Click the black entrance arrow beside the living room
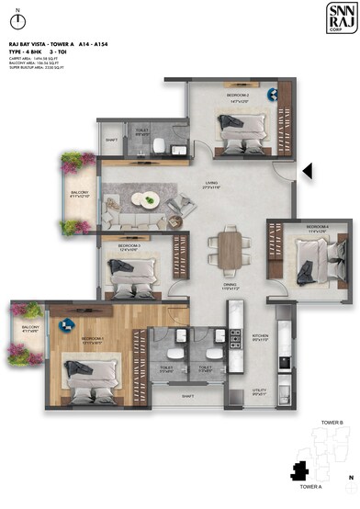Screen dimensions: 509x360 [x=309, y=170]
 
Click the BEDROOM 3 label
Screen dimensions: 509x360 [x=129, y=246]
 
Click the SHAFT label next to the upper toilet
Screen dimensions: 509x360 [x=112, y=140]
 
